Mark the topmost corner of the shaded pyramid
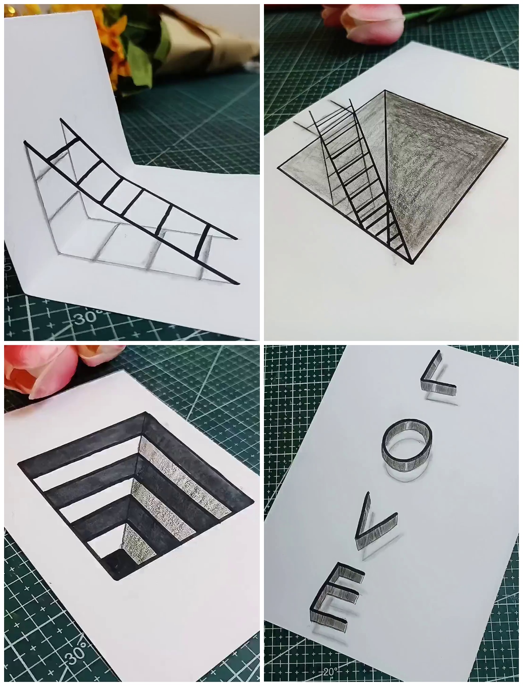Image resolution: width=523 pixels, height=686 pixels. [385, 91]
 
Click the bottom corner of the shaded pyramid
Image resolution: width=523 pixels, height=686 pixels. [411, 263]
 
